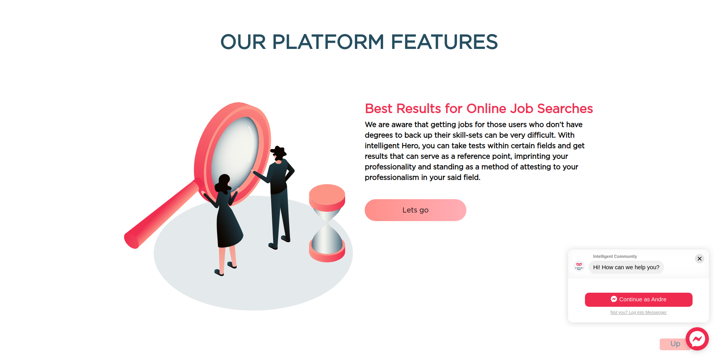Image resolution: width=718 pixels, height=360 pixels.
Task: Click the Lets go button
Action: [x=415, y=210]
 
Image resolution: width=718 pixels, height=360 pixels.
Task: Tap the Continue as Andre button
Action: [x=639, y=299]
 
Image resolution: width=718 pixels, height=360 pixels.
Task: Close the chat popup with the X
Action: [x=700, y=259]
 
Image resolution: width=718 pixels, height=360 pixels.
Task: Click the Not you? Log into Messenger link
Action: [x=639, y=312]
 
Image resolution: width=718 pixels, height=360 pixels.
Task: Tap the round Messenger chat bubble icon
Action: [x=697, y=339]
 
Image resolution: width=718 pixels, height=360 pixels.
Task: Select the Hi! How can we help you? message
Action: [x=626, y=267]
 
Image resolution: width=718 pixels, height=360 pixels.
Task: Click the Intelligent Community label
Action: [x=615, y=256]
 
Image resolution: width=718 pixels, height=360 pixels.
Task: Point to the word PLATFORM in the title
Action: [x=328, y=42]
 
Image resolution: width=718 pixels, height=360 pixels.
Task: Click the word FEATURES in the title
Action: [x=444, y=42]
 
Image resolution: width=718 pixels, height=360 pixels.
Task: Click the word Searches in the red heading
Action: [x=565, y=108]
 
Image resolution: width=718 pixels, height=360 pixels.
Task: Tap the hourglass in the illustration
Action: [x=327, y=223]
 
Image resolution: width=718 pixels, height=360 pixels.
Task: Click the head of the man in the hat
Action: [x=278, y=153]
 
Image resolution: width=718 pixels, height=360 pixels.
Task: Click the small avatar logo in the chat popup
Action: [x=579, y=266]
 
